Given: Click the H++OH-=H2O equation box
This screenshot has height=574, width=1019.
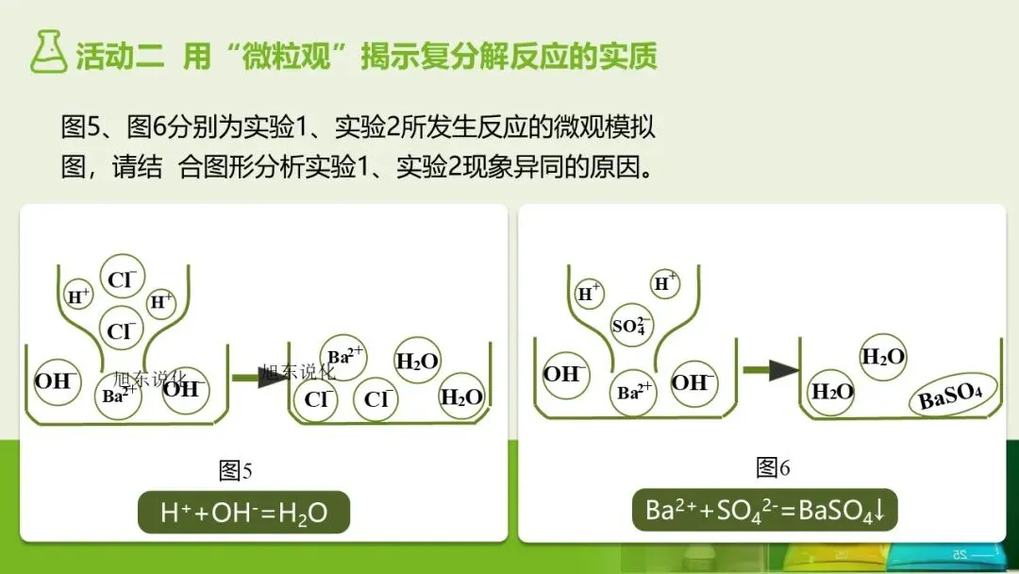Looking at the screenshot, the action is pos(243,513).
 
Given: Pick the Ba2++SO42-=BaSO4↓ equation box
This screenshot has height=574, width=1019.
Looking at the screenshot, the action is pos(764,511).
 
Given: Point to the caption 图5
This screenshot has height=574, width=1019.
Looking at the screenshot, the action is pos(235,469).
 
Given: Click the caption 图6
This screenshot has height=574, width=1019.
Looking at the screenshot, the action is pos(773,467).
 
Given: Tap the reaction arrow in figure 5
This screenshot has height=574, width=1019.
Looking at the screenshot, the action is pos(259,378).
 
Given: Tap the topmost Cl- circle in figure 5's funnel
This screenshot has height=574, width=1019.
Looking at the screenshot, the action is pos(122,279).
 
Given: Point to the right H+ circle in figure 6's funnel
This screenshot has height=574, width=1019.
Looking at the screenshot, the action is pos(666,283).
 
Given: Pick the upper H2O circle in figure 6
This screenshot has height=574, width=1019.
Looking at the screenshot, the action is pos(883,357).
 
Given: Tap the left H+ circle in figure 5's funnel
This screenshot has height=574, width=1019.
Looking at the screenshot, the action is pos(78,295).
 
